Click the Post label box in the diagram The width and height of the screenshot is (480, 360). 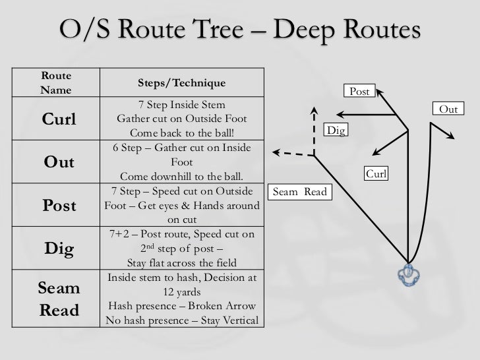pyautogui.click(x=360, y=92)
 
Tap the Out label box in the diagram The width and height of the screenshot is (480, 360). pyautogui.click(x=448, y=109)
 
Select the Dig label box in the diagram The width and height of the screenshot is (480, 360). pyautogui.click(x=336, y=131)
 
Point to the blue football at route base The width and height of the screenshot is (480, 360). pyautogui.click(x=409, y=273)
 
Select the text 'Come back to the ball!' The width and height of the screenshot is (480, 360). pyautogui.click(x=181, y=132)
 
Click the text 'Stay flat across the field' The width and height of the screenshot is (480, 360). pyautogui.click(x=181, y=262)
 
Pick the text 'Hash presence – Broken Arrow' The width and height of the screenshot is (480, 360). pyautogui.click(x=182, y=307)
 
